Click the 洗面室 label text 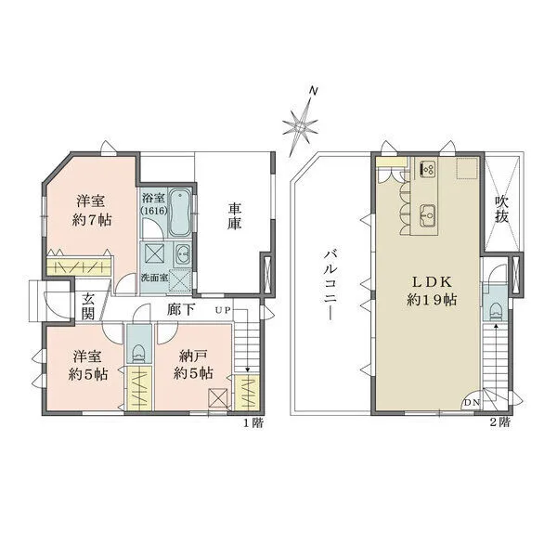tap(154, 277)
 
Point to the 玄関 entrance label tap(88, 306)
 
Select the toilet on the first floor tap(137, 351)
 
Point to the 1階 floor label tap(253, 423)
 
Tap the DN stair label tap(472, 403)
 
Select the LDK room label tap(428, 280)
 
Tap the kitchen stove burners tap(428, 168)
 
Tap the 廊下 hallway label tap(181, 309)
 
